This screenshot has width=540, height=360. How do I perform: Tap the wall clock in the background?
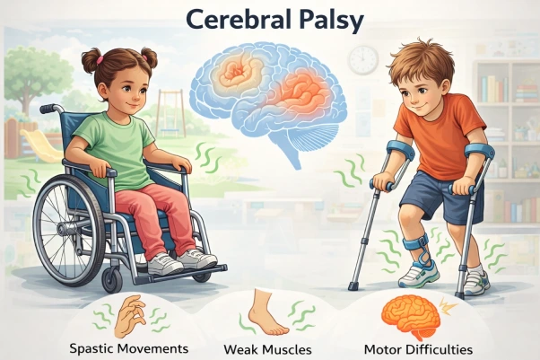(x=362, y=59)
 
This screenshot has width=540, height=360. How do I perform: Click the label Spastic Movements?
(x=128, y=347)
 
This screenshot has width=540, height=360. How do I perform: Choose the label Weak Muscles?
(x=266, y=347)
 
